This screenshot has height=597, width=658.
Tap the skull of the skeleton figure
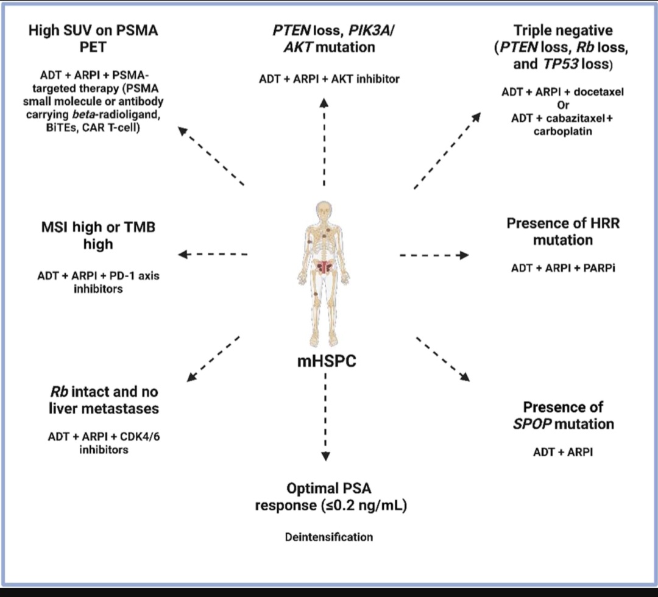(x=324, y=208)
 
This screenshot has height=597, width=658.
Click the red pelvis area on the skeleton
(x=324, y=266)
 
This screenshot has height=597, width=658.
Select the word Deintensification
(x=328, y=537)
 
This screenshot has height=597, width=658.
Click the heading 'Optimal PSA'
(x=328, y=489)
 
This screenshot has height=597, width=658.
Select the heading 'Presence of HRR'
(x=562, y=223)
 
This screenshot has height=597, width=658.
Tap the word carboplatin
(x=562, y=132)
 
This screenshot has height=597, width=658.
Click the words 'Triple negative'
(x=562, y=30)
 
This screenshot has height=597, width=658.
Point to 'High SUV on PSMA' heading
(x=93, y=30)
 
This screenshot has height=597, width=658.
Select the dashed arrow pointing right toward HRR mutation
(x=434, y=255)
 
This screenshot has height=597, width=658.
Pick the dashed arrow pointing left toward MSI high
(x=213, y=254)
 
